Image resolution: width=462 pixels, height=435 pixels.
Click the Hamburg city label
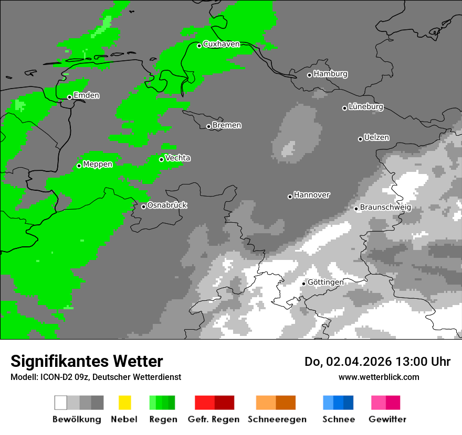(330, 74)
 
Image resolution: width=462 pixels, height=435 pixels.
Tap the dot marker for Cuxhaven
(199, 46)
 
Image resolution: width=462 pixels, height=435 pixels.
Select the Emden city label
(86, 95)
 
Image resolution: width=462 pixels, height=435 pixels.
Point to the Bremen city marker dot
(208, 126)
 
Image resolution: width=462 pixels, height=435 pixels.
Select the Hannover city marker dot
(290, 197)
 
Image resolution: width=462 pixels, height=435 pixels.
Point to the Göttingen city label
(325, 282)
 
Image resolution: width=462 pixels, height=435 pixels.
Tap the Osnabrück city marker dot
(143, 206)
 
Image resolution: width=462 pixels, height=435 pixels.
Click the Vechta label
(177, 158)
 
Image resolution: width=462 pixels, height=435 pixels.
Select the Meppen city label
(98, 164)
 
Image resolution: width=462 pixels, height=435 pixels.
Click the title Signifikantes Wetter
(87, 361)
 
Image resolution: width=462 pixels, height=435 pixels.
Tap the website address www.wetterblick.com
(379, 377)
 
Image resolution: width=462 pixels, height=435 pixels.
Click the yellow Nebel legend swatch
(124, 403)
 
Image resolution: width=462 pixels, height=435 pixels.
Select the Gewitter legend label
(387, 419)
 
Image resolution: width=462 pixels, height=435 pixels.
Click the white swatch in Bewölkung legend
(60, 403)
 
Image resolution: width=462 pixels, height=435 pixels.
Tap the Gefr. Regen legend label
(214, 419)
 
